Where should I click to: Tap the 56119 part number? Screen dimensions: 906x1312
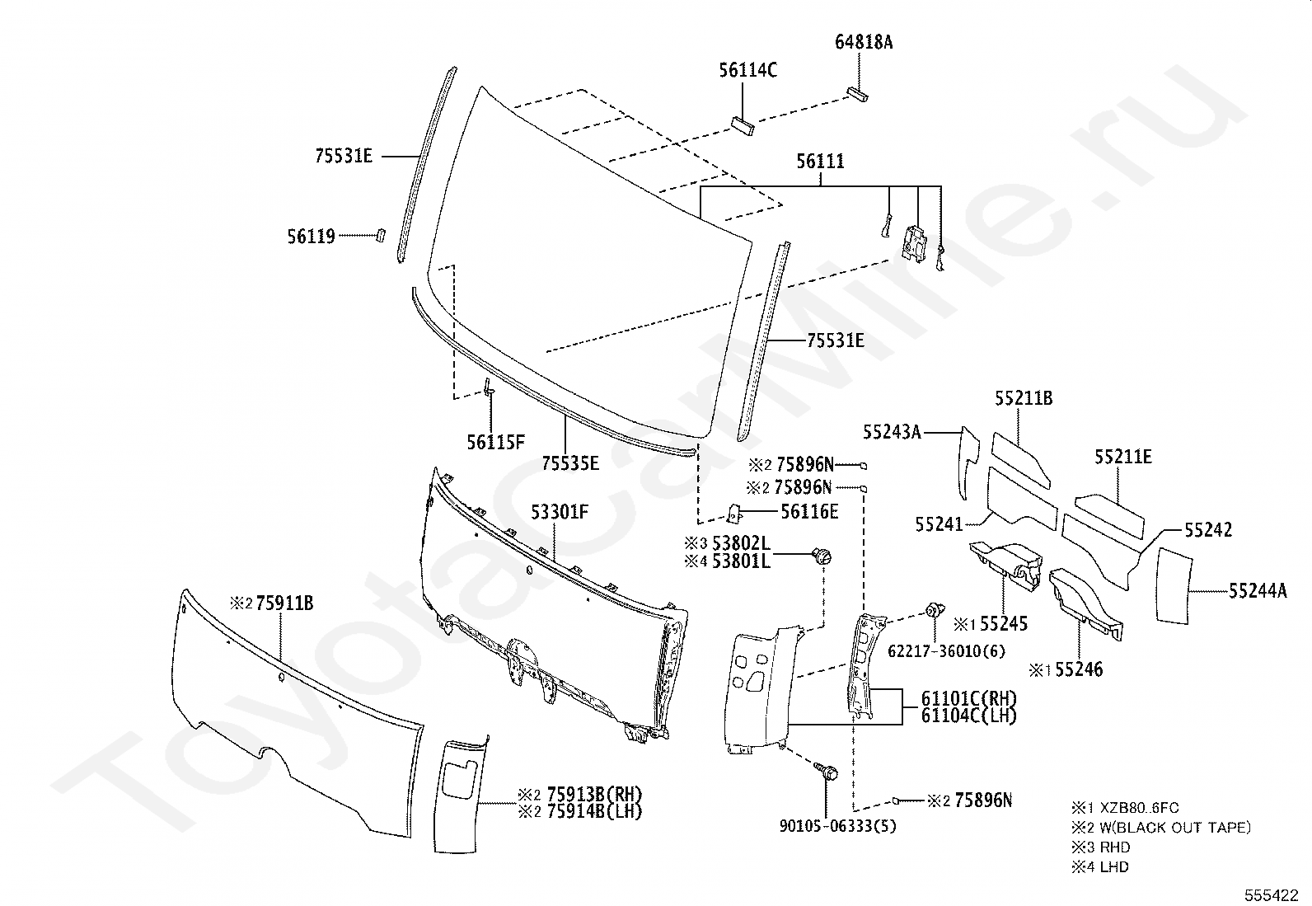[x=311, y=237]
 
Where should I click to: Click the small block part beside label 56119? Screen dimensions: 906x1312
[x=380, y=234]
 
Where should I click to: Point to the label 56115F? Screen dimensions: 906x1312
[x=495, y=442]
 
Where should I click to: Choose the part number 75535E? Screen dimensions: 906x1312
[x=570, y=462]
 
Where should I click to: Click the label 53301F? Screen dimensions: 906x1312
[x=560, y=513]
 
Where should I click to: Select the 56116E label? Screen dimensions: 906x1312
[x=809, y=512]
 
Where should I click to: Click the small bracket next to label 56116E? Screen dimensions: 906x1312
[x=733, y=514]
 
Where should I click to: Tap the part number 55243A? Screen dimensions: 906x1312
[x=892, y=431]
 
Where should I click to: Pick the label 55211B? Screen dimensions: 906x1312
[x=1023, y=399]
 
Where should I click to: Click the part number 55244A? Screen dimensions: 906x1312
[x=1257, y=590]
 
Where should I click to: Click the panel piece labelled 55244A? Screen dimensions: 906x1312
[x=1173, y=585]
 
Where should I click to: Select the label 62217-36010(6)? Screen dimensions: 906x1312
[x=946, y=650]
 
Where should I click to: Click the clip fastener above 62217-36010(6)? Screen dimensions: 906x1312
[x=934, y=612]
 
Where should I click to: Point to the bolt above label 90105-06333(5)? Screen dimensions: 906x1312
[x=827, y=772]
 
